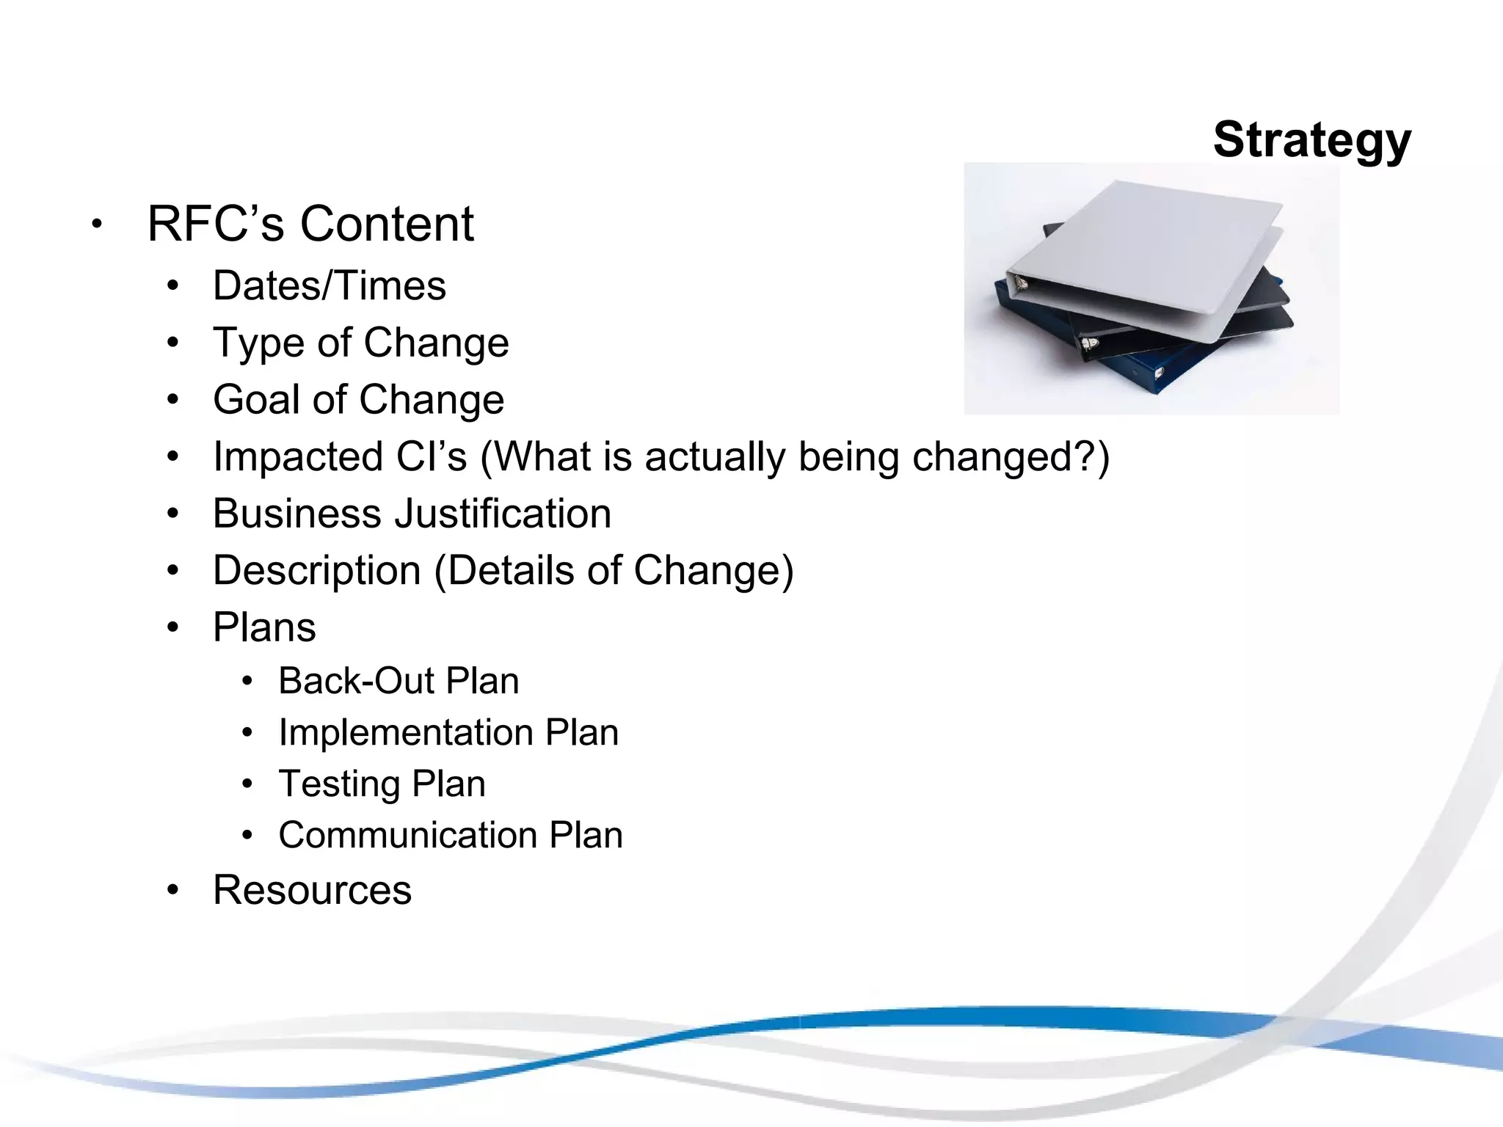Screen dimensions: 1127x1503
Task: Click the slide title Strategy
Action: click(1311, 139)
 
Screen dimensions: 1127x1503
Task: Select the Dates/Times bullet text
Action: click(329, 285)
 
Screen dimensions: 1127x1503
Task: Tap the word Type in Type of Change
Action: click(258, 343)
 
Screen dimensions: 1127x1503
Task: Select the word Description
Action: click(316, 570)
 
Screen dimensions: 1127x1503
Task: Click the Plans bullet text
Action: click(264, 627)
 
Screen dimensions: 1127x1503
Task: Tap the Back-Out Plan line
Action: click(399, 681)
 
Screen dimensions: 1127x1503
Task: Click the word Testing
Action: click(338, 784)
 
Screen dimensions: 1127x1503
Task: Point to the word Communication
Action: click(407, 835)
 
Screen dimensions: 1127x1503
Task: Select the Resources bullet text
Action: click(312, 890)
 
